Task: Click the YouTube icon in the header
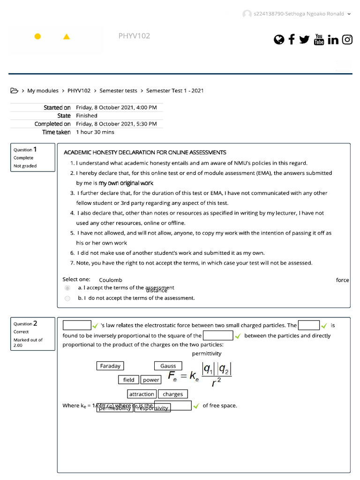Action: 319,39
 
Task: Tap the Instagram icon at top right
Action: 347,39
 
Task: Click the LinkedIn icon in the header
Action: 333,40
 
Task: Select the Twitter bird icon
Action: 304,40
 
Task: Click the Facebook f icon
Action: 292,39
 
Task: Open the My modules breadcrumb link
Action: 43,90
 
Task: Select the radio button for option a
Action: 67,288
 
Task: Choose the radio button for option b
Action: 67,298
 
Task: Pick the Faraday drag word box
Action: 110,366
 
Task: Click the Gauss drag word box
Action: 168,366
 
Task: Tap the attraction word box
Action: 142,394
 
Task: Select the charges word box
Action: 173,394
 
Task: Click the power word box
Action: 151,380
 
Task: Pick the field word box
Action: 129,380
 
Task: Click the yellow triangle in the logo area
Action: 66,37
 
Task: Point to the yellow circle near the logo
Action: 37,37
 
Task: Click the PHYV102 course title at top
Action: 134,36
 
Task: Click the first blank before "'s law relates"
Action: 77,325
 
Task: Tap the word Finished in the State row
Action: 87,116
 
